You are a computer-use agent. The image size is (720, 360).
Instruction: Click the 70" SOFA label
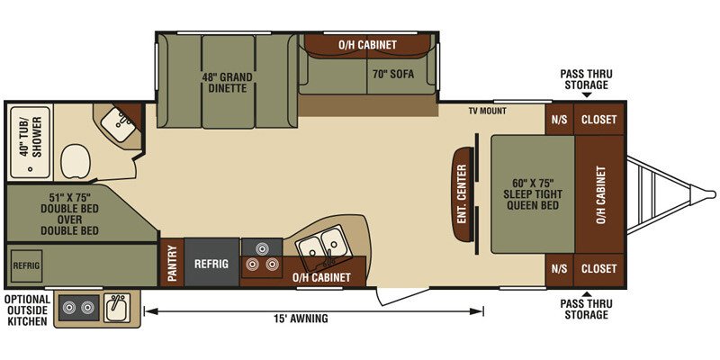(x=393, y=74)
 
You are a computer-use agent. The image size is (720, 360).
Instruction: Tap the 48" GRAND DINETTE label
(x=229, y=82)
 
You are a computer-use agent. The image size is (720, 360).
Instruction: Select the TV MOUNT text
(x=487, y=111)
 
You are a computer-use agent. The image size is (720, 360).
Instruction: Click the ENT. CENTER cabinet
(x=462, y=193)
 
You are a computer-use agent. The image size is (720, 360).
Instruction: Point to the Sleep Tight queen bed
(x=533, y=193)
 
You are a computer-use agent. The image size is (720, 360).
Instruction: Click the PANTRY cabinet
(x=172, y=263)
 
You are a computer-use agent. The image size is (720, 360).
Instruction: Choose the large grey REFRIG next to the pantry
(x=211, y=263)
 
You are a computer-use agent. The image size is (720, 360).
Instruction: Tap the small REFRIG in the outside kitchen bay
(x=26, y=265)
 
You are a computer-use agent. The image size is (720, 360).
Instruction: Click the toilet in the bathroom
(x=76, y=161)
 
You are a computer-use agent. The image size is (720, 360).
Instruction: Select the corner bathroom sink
(x=117, y=125)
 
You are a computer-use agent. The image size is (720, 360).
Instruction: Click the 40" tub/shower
(x=30, y=143)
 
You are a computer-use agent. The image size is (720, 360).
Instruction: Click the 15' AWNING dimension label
(x=301, y=319)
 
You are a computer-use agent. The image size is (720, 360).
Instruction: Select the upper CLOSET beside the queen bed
(x=598, y=120)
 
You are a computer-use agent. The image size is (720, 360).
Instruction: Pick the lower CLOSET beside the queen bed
(x=598, y=268)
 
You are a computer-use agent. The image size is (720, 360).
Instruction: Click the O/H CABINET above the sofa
(x=367, y=45)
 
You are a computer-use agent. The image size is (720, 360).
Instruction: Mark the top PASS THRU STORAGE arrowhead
(x=587, y=95)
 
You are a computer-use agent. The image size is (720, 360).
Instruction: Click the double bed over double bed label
(x=70, y=214)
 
